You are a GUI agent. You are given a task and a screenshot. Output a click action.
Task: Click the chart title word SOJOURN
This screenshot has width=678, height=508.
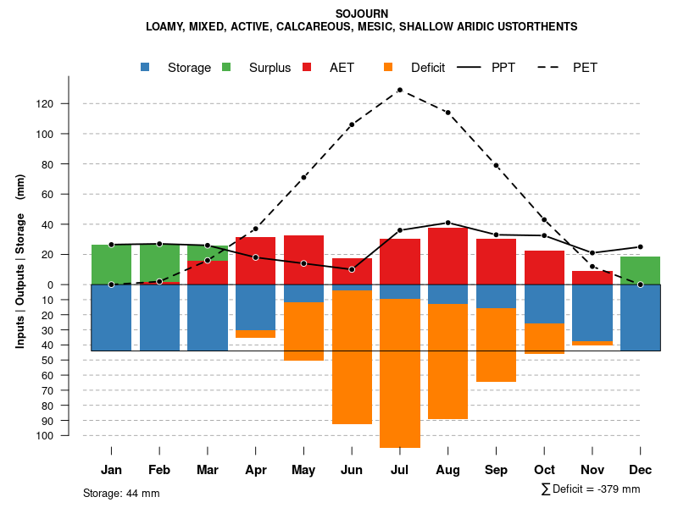362,14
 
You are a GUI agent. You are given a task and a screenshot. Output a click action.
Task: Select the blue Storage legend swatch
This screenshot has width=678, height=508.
146,67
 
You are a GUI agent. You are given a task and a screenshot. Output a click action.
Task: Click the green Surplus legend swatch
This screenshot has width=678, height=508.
226,67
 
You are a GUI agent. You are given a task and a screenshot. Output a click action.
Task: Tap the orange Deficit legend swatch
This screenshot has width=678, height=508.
388,67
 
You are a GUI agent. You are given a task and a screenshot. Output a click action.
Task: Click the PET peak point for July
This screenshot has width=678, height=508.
399,90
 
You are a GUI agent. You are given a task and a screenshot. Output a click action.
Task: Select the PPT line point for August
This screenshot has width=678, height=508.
447,223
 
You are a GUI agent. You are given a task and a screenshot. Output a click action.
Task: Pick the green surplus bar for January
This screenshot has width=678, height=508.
111,264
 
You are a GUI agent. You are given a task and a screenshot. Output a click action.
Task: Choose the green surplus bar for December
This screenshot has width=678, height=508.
640,270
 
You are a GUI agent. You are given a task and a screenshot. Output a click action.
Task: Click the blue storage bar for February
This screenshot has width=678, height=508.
159,317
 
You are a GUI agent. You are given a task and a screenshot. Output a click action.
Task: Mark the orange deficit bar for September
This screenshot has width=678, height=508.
496,345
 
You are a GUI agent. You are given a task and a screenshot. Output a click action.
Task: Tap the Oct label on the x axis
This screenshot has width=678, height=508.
544,470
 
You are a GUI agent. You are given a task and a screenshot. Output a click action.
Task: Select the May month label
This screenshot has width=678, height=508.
303,470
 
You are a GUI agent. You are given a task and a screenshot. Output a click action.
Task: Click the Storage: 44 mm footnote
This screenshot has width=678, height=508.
121,493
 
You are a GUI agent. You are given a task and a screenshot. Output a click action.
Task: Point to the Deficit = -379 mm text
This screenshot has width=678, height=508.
591,489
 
